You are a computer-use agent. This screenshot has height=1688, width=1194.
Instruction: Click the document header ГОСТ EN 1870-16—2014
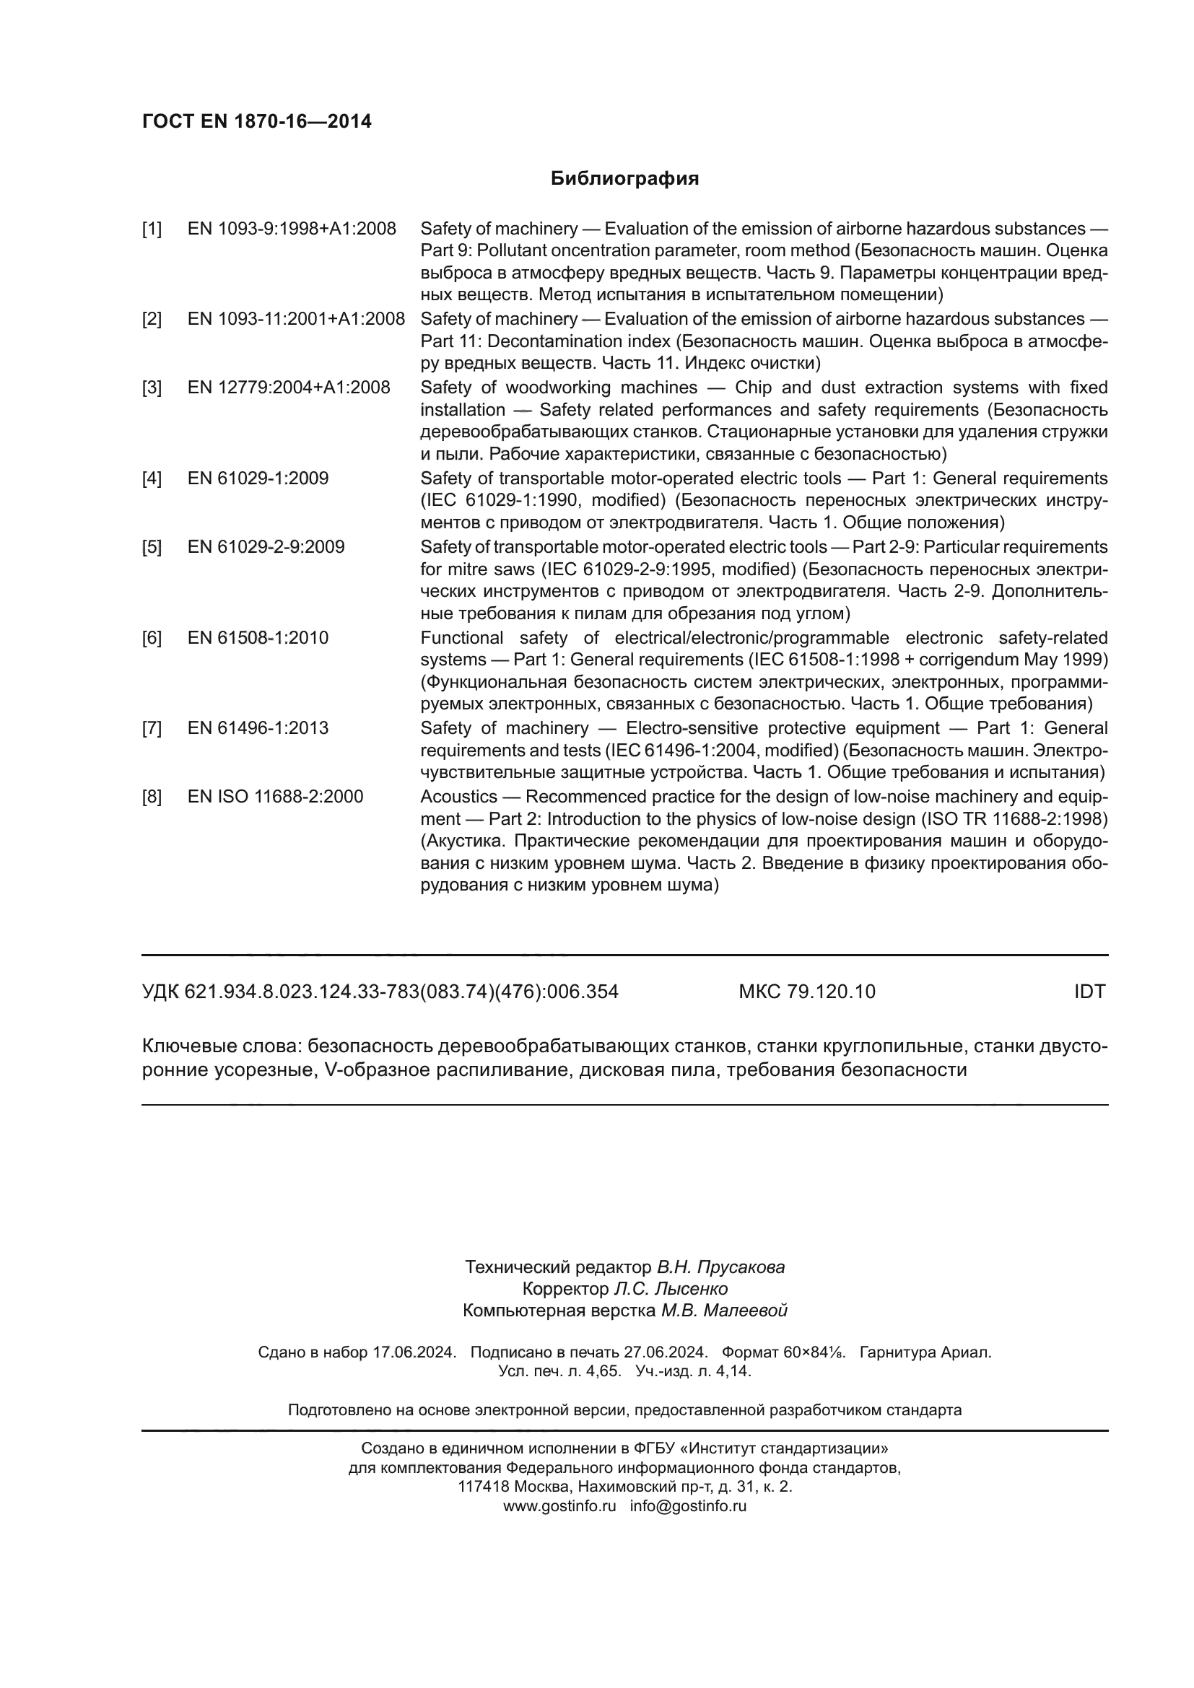click(x=256, y=121)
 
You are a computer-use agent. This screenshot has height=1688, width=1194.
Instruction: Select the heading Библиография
click(x=624, y=179)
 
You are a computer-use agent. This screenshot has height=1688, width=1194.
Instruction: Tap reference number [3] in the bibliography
click(x=152, y=388)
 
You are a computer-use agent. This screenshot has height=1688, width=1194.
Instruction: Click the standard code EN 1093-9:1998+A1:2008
click(x=292, y=229)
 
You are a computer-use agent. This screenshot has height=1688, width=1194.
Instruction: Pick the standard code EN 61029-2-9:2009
click(x=266, y=547)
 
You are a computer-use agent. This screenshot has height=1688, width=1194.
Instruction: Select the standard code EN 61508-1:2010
click(x=258, y=637)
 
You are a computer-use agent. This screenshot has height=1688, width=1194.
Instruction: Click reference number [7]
click(x=152, y=728)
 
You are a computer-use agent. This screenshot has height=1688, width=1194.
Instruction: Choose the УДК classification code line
click(x=380, y=992)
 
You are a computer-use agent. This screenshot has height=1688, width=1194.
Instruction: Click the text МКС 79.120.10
click(x=806, y=992)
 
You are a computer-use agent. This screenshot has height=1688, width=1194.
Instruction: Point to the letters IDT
click(x=1089, y=992)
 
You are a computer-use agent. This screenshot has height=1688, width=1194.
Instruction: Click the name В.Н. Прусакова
click(x=720, y=1267)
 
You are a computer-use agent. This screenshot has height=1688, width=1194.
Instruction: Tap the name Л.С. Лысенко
click(x=671, y=1289)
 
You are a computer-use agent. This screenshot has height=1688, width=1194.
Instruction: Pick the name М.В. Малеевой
click(x=724, y=1310)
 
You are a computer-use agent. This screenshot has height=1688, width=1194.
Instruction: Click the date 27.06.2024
click(x=666, y=1352)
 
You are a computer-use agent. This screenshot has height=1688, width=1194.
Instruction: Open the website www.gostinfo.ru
click(x=559, y=1505)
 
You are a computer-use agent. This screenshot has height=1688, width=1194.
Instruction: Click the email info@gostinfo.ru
click(x=688, y=1505)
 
